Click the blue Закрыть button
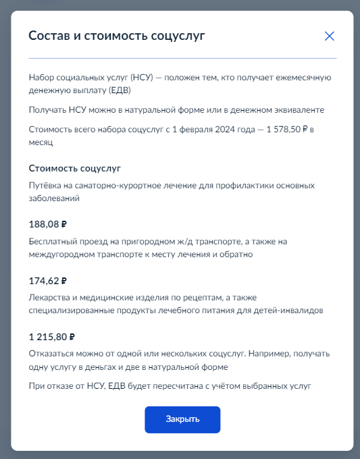[182, 419]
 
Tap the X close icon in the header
[330, 36]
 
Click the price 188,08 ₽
[48, 225]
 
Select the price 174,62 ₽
[48, 281]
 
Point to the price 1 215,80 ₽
[51, 337]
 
